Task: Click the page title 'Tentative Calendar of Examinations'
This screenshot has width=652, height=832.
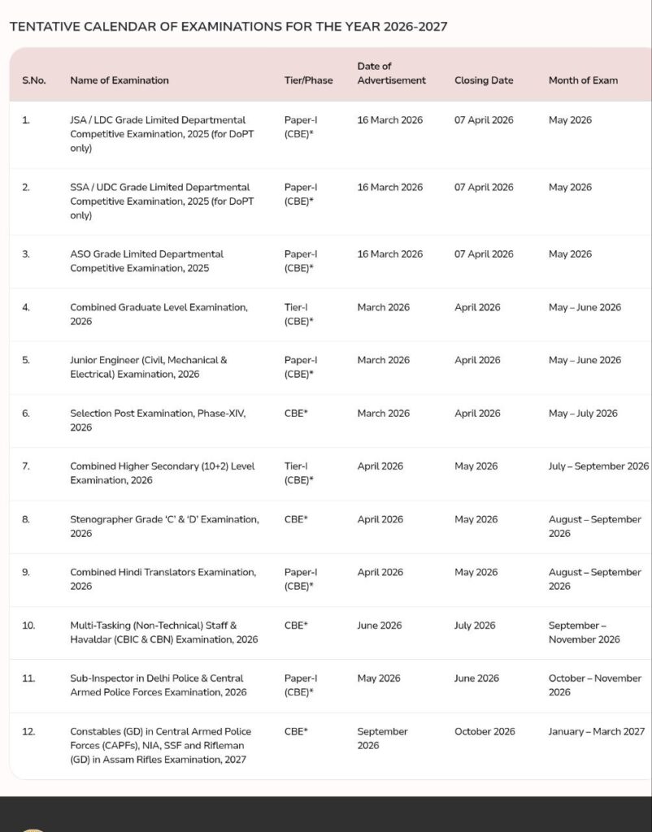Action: coord(228,26)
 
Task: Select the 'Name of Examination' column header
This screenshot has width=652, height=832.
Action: coord(120,80)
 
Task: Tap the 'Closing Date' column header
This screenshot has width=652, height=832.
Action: coord(484,80)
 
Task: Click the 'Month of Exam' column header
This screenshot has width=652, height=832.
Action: coord(583,80)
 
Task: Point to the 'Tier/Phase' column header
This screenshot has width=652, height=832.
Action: coord(308,80)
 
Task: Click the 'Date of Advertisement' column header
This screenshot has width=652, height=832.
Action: coord(391,73)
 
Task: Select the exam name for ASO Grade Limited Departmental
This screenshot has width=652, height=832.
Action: coord(146,261)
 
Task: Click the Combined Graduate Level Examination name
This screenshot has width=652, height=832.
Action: coord(159,314)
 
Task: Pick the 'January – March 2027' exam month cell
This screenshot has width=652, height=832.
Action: coord(596,731)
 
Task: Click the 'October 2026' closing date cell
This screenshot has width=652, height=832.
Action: coord(485,731)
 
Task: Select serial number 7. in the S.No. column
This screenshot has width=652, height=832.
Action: coord(25,466)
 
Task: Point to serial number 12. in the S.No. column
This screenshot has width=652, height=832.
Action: coord(28,731)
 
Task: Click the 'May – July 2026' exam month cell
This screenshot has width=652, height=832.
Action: coord(583,414)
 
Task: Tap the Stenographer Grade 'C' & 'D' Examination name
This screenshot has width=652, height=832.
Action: coord(164,526)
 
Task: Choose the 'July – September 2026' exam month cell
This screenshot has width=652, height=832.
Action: coord(598,466)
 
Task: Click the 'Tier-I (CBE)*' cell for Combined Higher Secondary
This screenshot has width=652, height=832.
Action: coord(299,473)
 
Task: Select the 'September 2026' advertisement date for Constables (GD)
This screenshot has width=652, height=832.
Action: coord(382,738)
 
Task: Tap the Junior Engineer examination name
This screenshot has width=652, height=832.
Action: coord(148,367)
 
